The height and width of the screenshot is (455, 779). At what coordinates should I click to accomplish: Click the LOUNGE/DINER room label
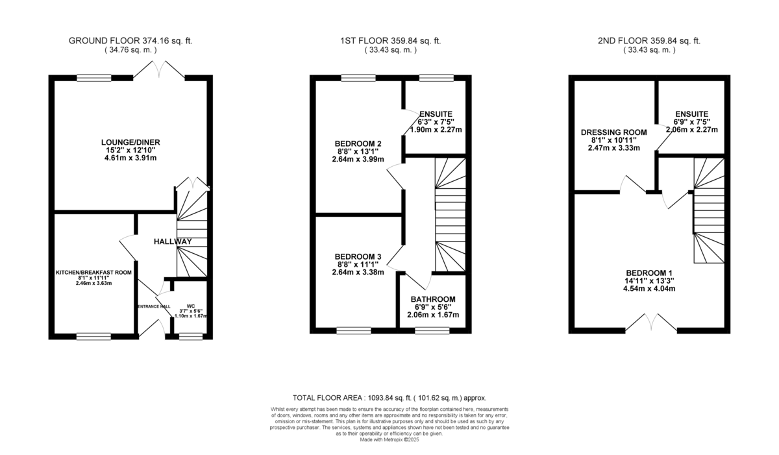pos(130,142)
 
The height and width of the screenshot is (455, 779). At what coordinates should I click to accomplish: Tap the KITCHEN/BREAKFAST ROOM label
pos(94,273)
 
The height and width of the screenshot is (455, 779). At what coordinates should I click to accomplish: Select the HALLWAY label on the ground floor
pos(173,241)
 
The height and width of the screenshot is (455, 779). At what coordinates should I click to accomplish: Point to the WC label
pos(191,306)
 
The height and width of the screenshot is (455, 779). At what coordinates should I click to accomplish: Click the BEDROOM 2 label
pos(358,143)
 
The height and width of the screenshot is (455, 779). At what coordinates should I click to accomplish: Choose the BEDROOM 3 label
pos(358,256)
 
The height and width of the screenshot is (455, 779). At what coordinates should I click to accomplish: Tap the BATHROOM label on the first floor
pos(433,299)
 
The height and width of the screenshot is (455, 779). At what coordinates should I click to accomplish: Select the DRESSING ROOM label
pos(614,132)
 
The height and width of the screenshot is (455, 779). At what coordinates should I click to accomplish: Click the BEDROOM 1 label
pos(649,273)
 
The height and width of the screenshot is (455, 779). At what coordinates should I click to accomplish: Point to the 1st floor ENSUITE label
pos(436,114)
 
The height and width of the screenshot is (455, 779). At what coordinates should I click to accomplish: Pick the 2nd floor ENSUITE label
pos(692,114)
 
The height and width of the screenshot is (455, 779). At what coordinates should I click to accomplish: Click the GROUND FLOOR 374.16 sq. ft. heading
pos(130,41)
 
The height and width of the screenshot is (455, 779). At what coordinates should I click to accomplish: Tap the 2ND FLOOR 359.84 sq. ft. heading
pos(649,41)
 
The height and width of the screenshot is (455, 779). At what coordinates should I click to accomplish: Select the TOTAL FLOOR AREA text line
pos(389,398)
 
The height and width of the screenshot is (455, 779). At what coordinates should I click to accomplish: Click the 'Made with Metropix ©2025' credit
pos(389,439)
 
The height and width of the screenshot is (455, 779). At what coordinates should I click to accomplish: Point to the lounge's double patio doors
pos(159,69)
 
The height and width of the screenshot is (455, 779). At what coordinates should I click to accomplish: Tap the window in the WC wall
pos(191,336)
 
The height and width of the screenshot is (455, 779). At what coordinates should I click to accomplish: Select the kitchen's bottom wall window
pos(94,336)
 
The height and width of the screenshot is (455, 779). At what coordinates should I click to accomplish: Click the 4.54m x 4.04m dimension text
pos(649,288)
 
